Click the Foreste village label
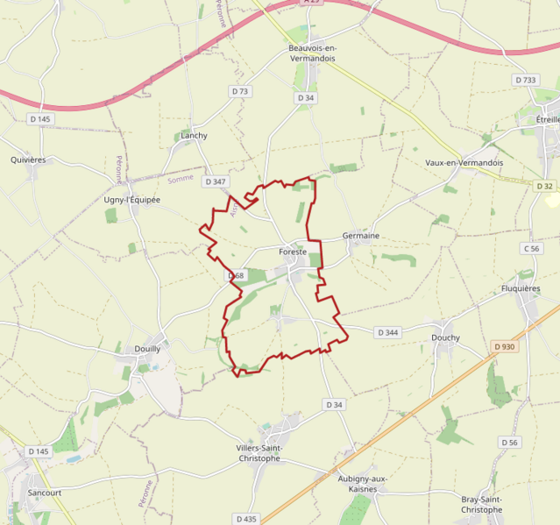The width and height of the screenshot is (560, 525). [x=293, y=252]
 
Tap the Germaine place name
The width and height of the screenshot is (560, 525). [x=360, y=236]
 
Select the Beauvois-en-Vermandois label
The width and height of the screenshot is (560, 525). [x=312, y=53]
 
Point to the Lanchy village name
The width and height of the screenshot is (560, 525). [x=194, y=136]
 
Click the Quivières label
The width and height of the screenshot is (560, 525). [x=28, y=160]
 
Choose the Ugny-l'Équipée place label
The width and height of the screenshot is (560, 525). [x=132, y=200]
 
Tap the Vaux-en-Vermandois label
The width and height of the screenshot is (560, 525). [x=464, y=163]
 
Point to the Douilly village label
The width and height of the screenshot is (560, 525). [x=146, y=348]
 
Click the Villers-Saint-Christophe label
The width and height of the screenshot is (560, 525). [x=271, y=453]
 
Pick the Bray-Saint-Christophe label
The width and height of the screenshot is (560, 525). [x=481, y=504]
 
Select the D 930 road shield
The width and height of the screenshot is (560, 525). [x=504, y=347]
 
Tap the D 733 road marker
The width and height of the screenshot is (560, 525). [x=525, y=80]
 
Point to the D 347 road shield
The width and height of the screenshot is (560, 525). [x=215, y=181]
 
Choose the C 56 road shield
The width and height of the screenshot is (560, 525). [x=531, y=249]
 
